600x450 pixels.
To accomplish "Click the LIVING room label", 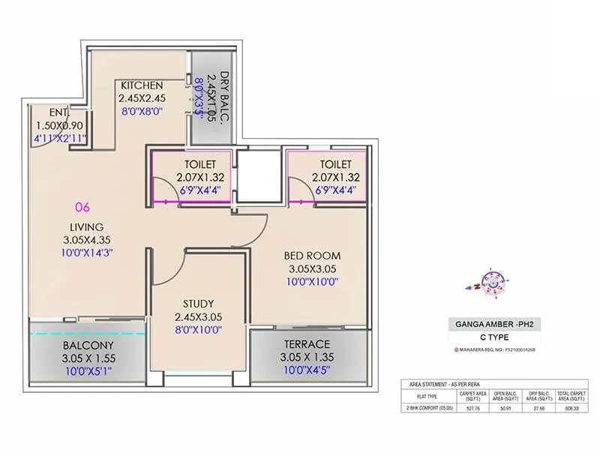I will (x=88, y=227).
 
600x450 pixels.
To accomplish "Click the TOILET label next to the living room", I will (x=199, y=164).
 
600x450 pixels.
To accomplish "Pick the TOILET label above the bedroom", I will (x=334, y=164).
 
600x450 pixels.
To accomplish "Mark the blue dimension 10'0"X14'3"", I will (x=88, y=253).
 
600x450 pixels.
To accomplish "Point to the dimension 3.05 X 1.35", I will (x=307, y=357).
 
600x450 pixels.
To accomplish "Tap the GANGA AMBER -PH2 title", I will (x=494, y=325).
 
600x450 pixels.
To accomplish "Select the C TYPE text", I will (x=495, y=337).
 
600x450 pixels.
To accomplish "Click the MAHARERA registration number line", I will (x=495, y=349).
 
